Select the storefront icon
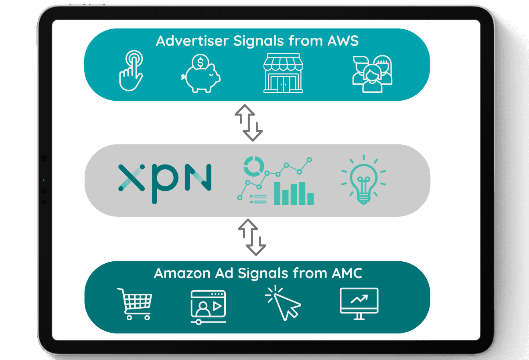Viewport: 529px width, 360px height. coord(283,74)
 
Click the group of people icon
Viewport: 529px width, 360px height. coord(372,74)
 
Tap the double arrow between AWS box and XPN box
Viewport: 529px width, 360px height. coord(249,123)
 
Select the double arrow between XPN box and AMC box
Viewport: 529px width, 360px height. coord(252,237)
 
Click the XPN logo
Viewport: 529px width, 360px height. coord(165,180)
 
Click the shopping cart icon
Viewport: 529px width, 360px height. coord(135,303)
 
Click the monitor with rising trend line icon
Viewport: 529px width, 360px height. coord(359,303)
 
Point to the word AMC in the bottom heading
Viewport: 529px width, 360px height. coord(347,273)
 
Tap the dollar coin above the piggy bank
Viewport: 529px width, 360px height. coord(200,63)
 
